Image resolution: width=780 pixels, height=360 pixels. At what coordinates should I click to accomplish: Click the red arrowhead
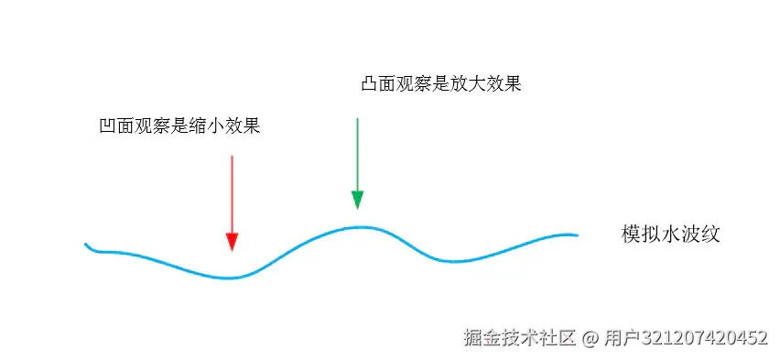tap(232, 241)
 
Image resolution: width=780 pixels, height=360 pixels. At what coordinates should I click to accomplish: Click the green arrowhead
tap(357, 200)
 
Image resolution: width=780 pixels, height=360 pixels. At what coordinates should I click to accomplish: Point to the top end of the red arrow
tap(232, 157)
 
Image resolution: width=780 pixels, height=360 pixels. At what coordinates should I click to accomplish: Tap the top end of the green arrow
tap(357, 118)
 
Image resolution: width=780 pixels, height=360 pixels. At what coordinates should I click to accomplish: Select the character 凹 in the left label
tap(107, 126)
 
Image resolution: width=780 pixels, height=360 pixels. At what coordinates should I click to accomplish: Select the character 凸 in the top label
tap(370, 84)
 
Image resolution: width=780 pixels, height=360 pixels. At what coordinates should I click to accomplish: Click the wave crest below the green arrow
tap(360, 226)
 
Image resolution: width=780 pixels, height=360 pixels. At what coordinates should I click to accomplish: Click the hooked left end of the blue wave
tap(87, 245)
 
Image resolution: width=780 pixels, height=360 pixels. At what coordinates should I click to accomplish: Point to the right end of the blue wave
tap(577, 235)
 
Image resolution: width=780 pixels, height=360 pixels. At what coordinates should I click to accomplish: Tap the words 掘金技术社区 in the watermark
tap(520, 338)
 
